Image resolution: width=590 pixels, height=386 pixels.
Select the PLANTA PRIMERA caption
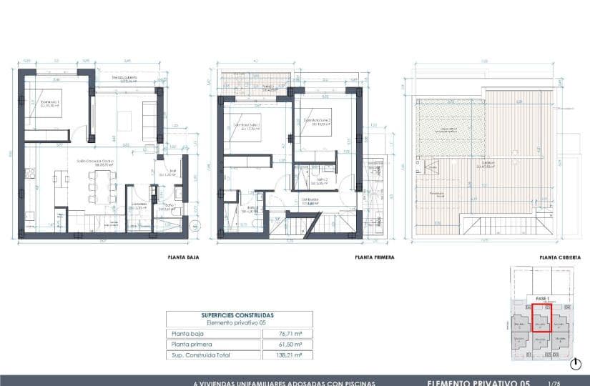(374, 257)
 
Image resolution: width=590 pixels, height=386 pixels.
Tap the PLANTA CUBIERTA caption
(560, 257)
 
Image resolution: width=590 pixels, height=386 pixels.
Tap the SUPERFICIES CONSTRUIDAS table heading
(237, 315)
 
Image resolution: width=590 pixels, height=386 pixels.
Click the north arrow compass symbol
(576, 365)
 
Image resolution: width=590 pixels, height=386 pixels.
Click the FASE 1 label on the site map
(541, 297)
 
